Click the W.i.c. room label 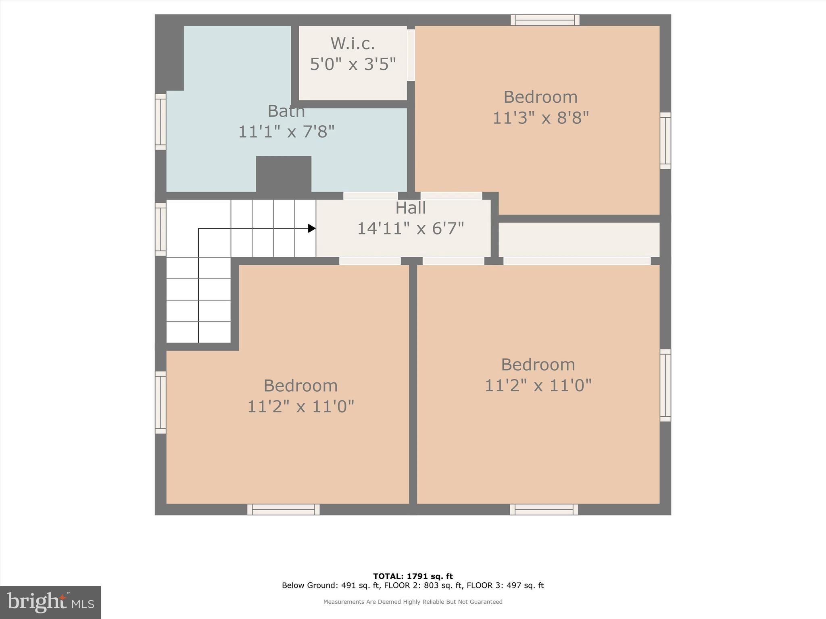353,43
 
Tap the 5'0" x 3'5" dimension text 353,64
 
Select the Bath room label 286,111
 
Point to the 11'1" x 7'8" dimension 286,132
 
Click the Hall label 410,208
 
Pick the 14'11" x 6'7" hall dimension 410,228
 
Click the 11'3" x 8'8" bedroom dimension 540,118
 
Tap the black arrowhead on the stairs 311,228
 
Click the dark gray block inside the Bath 284,174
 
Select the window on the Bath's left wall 161,122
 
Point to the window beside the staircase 161,229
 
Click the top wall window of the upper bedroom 545,20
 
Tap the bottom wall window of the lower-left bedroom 284,509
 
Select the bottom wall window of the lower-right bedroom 544,509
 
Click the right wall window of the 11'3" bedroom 665,141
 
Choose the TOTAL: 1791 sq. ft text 413,576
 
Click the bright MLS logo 50,602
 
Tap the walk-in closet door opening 411,55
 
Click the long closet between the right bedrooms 579,239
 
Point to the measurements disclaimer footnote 413,602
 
